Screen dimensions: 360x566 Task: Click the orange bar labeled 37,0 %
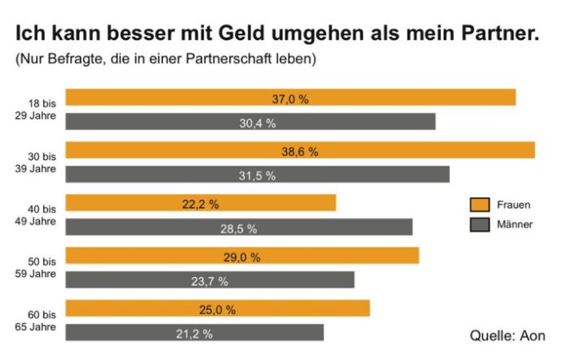click(x=290, y=98)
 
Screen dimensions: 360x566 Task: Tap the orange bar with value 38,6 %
click(x=300, y=150)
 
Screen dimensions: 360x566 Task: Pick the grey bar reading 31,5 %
click(x=257, y=174)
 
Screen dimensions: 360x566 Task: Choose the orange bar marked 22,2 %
click(x=200, y=203)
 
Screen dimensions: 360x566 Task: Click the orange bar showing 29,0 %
click(x=242, y=256)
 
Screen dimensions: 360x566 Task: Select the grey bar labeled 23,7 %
click(x=210, y=280)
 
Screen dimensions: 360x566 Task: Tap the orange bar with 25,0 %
click(x=217, y=309)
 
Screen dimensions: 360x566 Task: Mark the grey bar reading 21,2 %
click(x=194, y=332)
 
